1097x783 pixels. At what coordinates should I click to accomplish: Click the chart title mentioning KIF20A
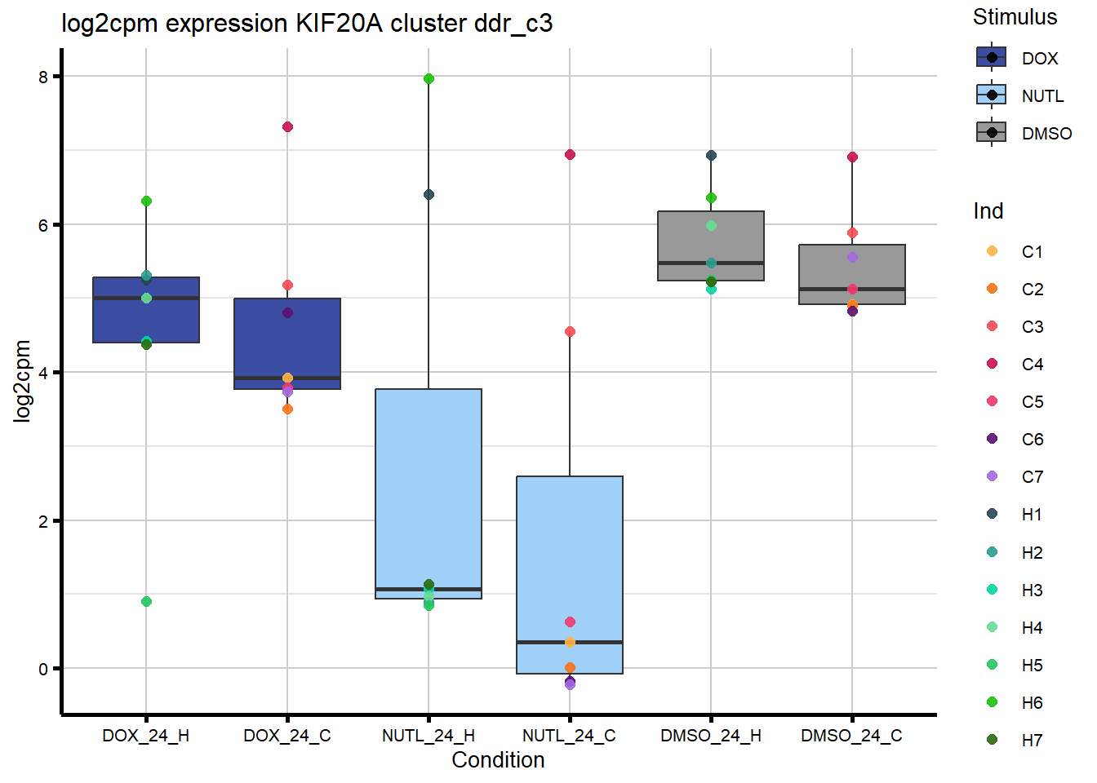pyautogui.click(x=307, y=23)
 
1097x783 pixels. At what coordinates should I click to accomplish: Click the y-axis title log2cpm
pyautogui.click(x=22, y=381)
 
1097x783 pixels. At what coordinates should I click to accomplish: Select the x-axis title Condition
pyautogui.click(x=498, y=759)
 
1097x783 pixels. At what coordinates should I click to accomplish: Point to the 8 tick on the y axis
pyautogui.click(x=43, y=77)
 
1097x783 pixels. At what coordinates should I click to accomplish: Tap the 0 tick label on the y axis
pyautogui.click(x=43, y=669)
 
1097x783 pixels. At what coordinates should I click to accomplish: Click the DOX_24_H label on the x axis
pyautogui.click(x=145, y=736)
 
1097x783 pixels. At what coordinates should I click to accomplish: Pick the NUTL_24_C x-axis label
pyautogui.click(x=569, y=736)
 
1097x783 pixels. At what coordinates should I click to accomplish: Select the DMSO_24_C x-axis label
pyautogui.click(x=851, y=736)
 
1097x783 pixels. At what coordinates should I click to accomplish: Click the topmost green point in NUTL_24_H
pyautogui.click(x=429, y=79)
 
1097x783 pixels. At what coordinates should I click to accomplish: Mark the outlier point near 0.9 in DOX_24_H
pyautogui.click(x=146, y=601)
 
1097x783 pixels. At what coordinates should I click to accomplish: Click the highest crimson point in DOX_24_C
pyautogui.click(x=287, y=126)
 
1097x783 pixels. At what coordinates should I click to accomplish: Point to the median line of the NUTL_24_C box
pyautogui.click(x=570, y=643)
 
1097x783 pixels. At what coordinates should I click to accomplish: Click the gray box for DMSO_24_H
pyautogui.click(x=711, y=245)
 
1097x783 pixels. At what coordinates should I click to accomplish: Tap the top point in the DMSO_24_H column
pyautogui.click(x=711, y=155)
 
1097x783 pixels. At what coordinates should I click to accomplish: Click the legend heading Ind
pyautogui.click(x=988, y=211)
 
